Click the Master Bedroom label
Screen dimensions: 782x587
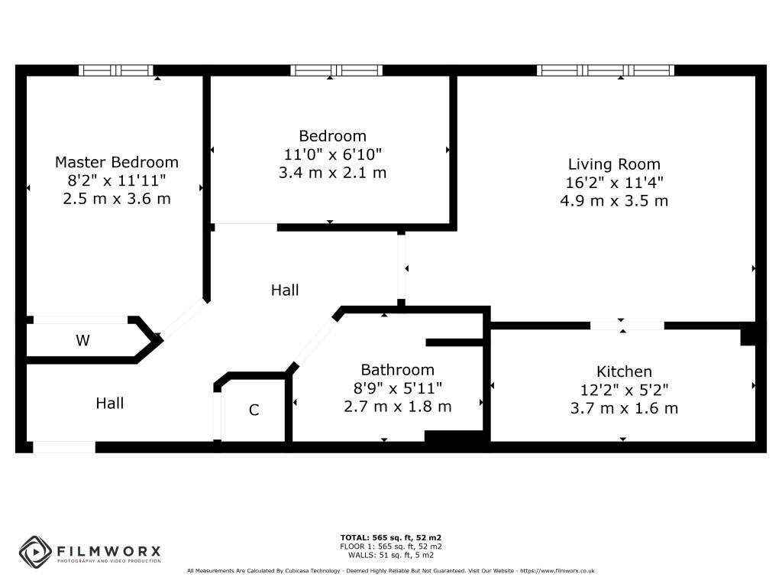(117, 162)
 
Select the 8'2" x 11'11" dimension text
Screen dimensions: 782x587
(117, 180)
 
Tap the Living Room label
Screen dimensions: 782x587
(614, 164)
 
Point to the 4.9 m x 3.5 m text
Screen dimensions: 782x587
(614, 201)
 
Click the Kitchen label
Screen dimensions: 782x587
(624, 371)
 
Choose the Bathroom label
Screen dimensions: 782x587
(397, 370)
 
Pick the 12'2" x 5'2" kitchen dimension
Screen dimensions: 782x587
(624, 390)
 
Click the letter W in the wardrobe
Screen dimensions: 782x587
(82, 340)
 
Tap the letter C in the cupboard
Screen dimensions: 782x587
(254, 410)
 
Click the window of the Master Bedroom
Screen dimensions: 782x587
(116, 70)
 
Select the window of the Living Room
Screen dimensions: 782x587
(606, 70)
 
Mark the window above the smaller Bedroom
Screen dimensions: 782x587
(337, 70)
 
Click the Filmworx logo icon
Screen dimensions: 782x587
(35, 552)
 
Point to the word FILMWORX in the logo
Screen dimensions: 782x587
(108, 551)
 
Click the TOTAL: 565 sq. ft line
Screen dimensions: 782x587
(390, 537)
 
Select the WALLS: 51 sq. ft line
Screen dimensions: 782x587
(390, 555)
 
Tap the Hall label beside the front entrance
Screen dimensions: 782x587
(110, 404)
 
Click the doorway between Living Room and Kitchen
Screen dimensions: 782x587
(627, 326)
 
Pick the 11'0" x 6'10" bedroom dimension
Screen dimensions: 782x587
(333, 154)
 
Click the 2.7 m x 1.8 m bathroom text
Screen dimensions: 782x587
(397, 407)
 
